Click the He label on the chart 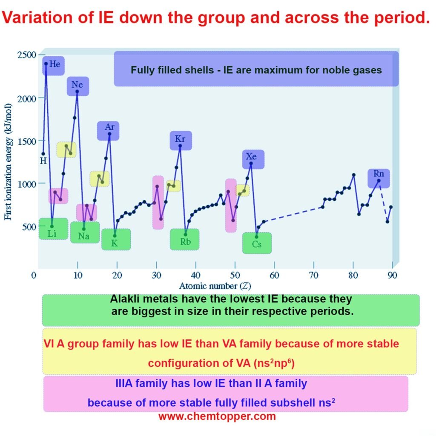(55, 65)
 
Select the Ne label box (77, 85)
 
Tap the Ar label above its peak (109, 127)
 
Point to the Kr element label (180, 139)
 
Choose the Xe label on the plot (253, 157)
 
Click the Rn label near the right (378, 174)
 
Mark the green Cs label (256, 245)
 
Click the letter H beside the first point (43, 161)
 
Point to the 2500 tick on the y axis (26, 55)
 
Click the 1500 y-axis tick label (26, 141)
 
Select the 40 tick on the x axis (195, 275)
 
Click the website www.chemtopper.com (217, 416)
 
